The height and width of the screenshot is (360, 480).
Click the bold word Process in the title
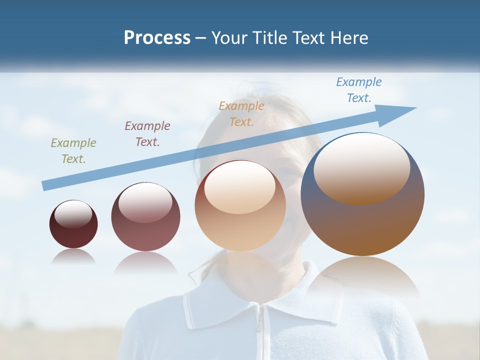[x=157, y=38]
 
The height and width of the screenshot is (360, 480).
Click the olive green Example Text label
[x=73, y=151]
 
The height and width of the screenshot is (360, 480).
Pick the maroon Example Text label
[x=147, y=134]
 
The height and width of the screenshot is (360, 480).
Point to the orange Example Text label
[x=241, y=114]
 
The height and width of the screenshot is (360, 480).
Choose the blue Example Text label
[x=359, y=90]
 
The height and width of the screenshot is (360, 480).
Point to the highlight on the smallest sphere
[x=73, y=214]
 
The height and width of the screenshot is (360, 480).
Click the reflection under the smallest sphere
[x=73, y=256]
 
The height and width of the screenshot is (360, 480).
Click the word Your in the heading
[x=230, y=38]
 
